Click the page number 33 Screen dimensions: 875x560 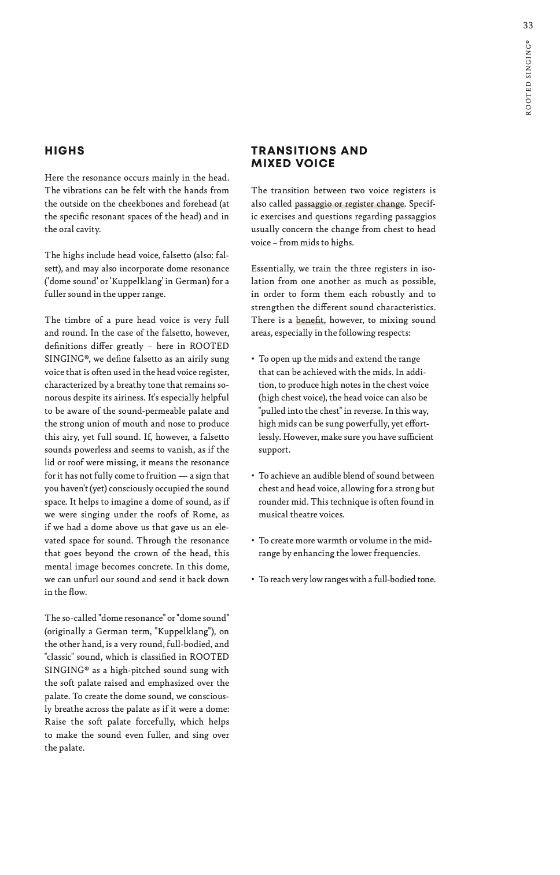528,25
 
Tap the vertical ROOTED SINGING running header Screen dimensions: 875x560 528,78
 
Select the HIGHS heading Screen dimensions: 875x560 65,151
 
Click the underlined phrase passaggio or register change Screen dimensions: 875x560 349,204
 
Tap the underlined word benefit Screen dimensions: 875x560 310,320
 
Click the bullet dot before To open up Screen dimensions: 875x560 253,359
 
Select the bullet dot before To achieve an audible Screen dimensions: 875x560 253,476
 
